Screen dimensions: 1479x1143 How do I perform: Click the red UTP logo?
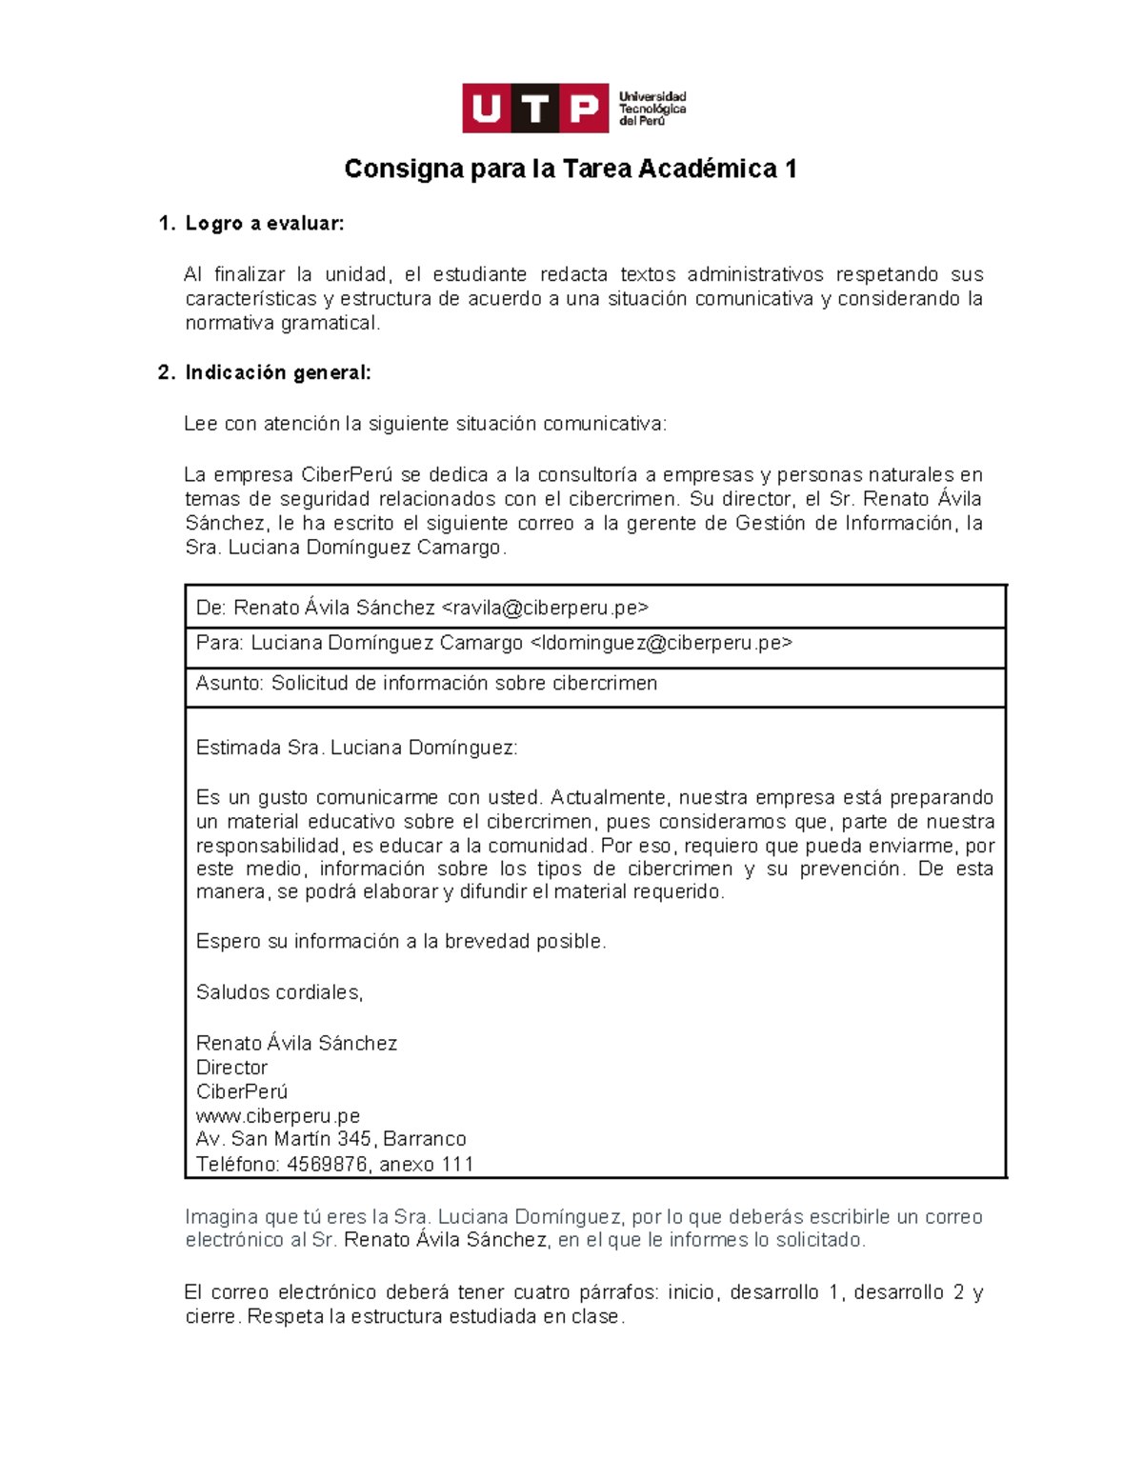tap(534, 109)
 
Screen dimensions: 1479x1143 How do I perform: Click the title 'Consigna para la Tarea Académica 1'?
tap(570, 170)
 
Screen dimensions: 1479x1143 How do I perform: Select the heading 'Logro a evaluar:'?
tap(264, 224)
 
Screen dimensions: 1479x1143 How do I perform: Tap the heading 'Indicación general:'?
tap(277, 373)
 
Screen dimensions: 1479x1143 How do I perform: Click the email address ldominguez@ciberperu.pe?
tap(660, 643)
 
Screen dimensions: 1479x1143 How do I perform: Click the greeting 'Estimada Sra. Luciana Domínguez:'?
tap(356, 749)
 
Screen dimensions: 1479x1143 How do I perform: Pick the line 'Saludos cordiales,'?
tap(279, 992)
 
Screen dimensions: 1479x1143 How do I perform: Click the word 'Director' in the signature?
tap(231, 1068)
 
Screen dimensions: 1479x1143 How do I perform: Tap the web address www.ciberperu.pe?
tap(277, 1115)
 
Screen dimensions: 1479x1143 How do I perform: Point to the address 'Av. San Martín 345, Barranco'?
tap(331, 1139)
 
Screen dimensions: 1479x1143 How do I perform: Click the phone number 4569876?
tap(328, 1165)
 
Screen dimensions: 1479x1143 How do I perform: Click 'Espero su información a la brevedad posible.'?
tap(400, 942)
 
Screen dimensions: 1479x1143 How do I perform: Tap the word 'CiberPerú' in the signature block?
tap(241, 1091)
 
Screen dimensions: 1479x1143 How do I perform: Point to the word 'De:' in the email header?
tap(211, 608)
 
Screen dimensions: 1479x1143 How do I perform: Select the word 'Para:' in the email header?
tap(220, 643)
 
